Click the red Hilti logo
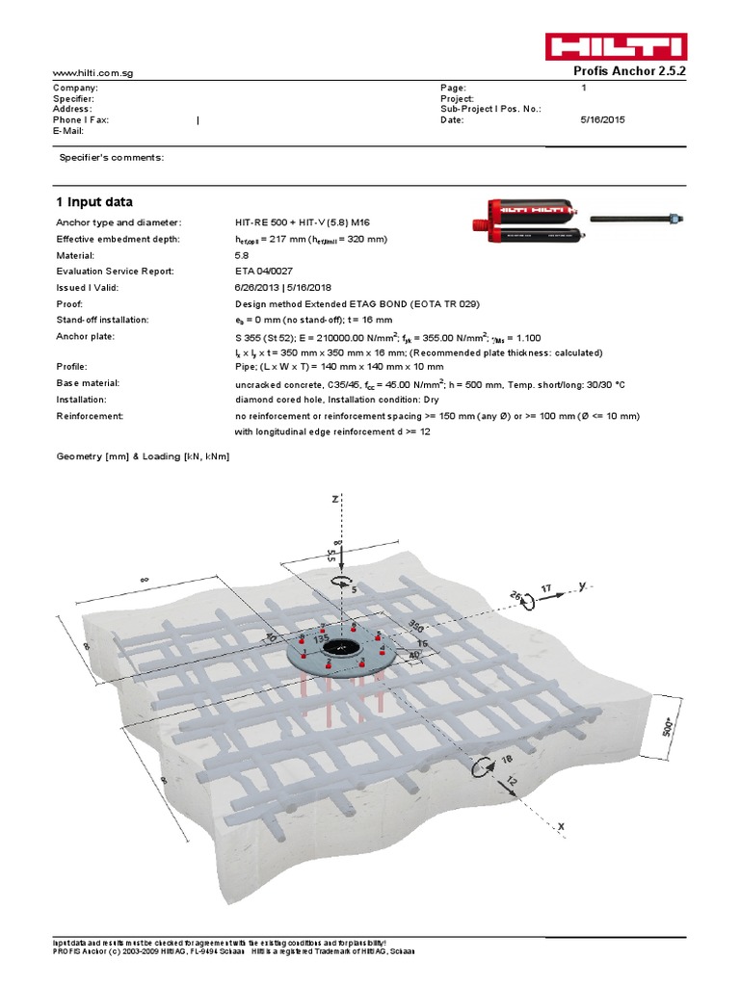[x=616, y=46]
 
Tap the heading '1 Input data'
[x=94, y=201]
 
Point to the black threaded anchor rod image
[x=637, y=220]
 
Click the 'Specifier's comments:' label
[x=112, y=157]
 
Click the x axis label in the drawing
[x=560, y=826]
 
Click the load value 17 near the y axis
[x=546, y=586]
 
